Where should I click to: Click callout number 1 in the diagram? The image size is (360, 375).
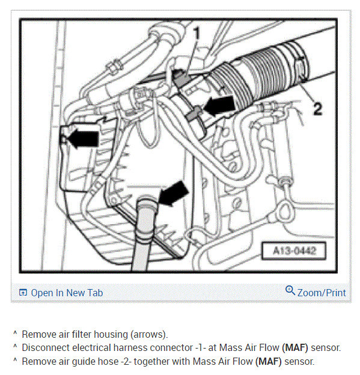tap(197, 33)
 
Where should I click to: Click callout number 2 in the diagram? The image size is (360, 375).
tap(318, 109)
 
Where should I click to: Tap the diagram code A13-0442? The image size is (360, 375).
tap(294, 251)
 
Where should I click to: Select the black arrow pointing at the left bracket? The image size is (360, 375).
tap(84, 139)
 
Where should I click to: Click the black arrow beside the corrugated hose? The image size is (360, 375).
tap(219, 105)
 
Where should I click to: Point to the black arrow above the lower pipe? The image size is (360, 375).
tap(174, 194)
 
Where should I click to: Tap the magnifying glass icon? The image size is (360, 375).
tap(290, 290)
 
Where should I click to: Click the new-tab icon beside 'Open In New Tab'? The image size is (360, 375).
tap(23, 293)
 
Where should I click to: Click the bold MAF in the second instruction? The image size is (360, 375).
tap(295, 348)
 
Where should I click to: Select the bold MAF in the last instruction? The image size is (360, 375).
tap(269, 361)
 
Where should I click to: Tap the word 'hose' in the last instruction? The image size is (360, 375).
tap(108, 361)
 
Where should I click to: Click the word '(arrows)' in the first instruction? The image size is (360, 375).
tap(149, 335)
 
